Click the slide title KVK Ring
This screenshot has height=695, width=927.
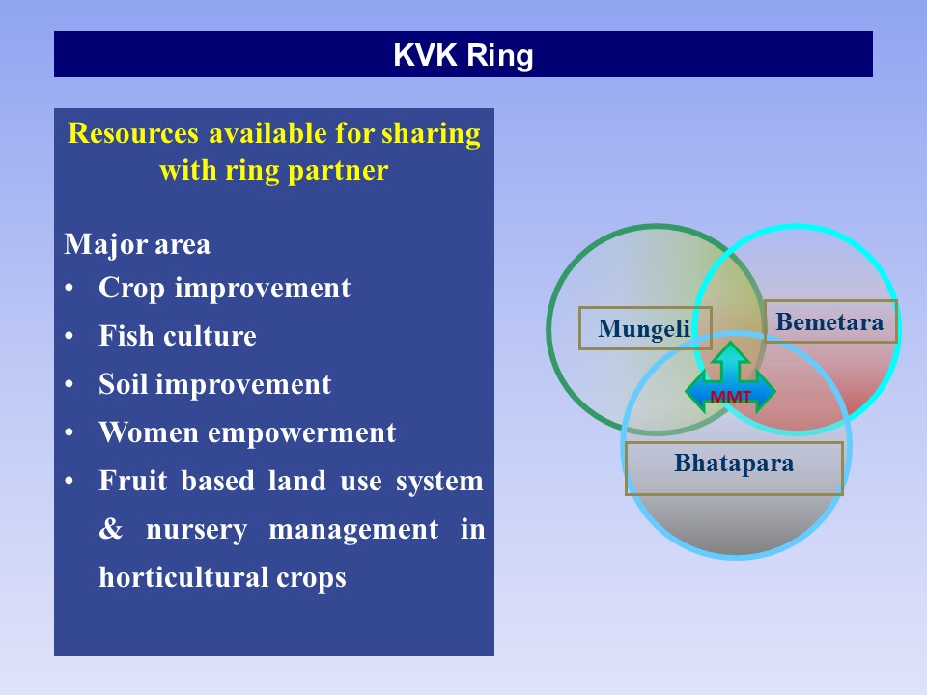tap(463, 55)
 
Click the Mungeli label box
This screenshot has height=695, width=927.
tap(645, 328)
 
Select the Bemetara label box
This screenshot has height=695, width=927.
tap(830, 321)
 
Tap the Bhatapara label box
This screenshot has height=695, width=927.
tap(734, 468)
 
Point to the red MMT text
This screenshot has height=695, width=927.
tap(730, 397)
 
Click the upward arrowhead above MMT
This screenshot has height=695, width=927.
tap(731, 353)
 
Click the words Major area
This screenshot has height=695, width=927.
tap(137, 244)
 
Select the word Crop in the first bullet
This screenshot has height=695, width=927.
tap(132, 289)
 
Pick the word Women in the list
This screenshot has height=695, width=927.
tap(149, 432)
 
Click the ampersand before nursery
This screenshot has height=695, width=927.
tap(111, 528)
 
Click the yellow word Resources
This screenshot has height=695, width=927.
tap(133, 133)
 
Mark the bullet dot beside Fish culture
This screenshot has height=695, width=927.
tap(70, 336)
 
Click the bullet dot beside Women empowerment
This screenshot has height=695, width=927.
tap(70, 432)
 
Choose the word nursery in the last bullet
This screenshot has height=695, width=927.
tap(197, 531)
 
